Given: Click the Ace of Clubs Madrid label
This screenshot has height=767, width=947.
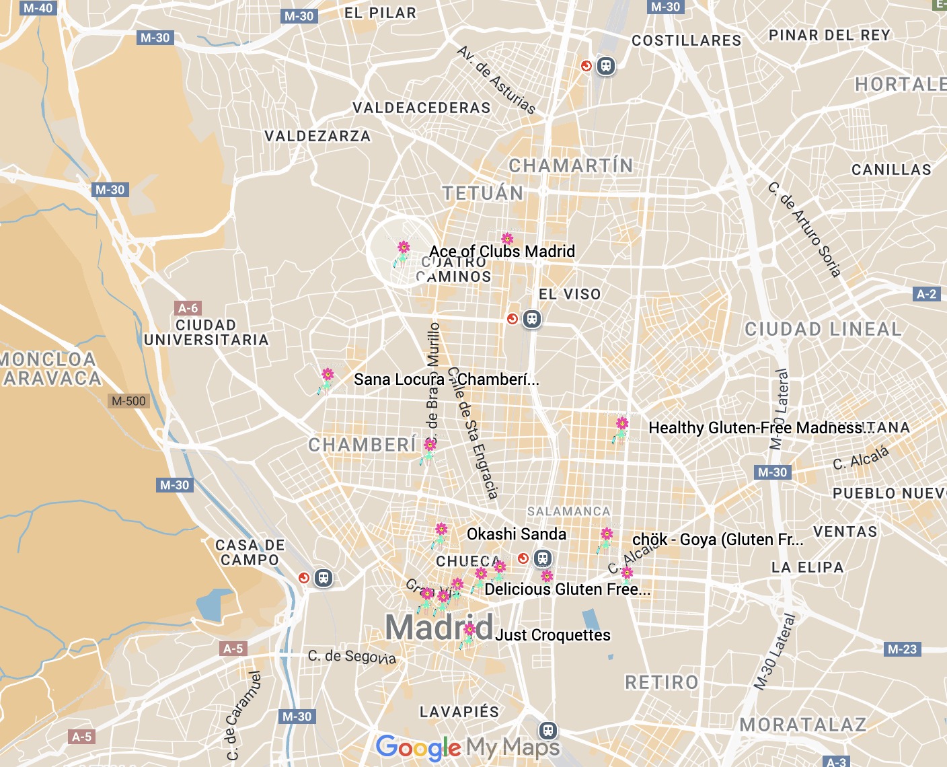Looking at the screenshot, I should click(x=502, y=251).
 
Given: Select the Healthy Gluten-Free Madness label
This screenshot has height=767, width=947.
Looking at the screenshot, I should click(x=755, y=428).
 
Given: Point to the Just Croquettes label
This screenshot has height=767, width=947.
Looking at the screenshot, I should click(x=553, y=635).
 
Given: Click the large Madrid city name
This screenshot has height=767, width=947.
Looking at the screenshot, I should click(x=439, y=627).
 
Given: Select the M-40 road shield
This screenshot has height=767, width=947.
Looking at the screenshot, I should click(x=37, y=8).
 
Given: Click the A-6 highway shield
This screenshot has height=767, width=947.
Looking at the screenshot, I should click(x=188, y=308).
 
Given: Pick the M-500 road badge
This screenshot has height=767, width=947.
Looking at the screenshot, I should click(x=128, y=401).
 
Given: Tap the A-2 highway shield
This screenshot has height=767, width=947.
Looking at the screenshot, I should click(x=926, y=294).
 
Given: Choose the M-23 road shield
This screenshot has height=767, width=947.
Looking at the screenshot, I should click(x=902, y=649).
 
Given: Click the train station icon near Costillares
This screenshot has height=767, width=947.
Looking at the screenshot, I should click(x=606, y=66).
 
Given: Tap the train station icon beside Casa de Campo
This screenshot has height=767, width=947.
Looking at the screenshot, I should click(x=324, y=578).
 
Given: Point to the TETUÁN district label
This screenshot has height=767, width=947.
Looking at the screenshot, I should click(x=483, y=193).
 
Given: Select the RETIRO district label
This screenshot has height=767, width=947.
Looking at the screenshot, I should click(x=662, y=682).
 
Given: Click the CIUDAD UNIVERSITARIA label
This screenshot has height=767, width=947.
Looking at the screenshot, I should click(x=206, y=332).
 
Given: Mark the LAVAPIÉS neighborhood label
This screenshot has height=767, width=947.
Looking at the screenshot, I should click(x=459, y=712).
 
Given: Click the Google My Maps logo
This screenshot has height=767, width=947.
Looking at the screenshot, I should click(x=467, y=747).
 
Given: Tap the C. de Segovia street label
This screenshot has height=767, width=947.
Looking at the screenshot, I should click(x=352, y=656).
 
